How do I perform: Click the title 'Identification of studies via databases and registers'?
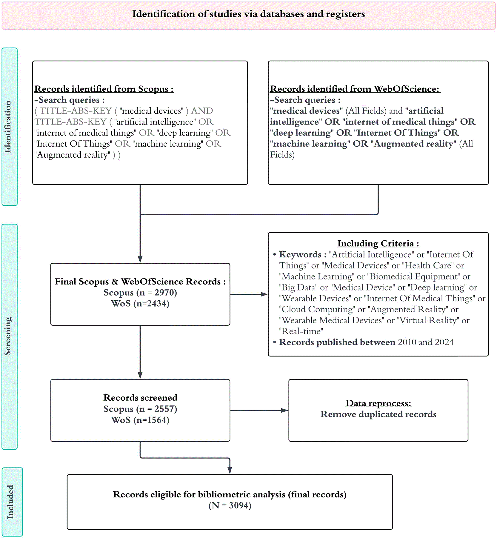(248, 14)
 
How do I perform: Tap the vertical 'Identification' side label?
(7, 127)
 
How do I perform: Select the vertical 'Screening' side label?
(7, 336)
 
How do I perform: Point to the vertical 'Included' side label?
(10, 502)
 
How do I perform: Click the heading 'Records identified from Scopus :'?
(104, 89)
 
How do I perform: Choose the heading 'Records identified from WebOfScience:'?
(355, 89)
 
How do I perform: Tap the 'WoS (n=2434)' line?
(140, 304)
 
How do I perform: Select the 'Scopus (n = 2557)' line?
(140, 409)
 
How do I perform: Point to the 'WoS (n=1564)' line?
(140, 420)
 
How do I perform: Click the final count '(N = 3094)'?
(230, 505)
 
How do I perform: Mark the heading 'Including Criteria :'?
(378, 244)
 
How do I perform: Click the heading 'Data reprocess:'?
(378, 403)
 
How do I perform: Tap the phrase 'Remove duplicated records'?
(378, 414)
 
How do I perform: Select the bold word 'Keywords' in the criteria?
(300, 255)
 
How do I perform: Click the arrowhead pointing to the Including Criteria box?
(264, 294)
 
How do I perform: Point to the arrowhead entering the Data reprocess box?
(285, 411)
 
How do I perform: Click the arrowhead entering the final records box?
(230, 470)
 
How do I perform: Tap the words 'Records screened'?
(140, 398)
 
